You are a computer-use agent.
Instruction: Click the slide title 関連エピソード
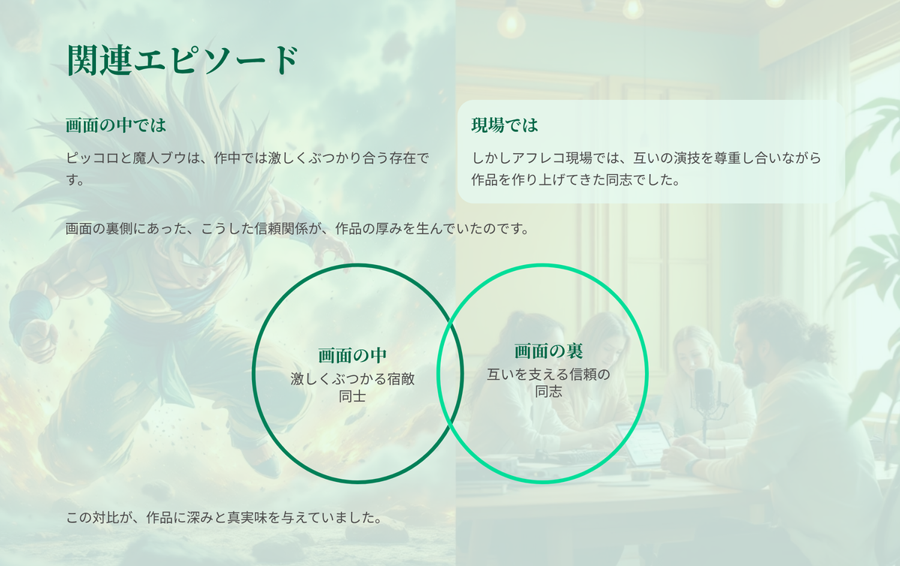(x=183, y=60)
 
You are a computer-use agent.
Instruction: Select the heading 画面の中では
(x=115, y=125)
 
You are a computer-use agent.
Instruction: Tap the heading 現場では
(x=504, y=125)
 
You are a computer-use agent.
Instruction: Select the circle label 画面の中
(x=352, y=355)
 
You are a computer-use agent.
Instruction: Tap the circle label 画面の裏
(x=548, y=351)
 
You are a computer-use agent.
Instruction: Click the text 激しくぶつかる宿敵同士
(x=352, y=387)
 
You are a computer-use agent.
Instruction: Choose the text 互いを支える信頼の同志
(x=548, y=383)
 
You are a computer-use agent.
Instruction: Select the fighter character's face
(x=201, y=261)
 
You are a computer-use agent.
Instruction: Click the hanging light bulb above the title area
(x=511, y=22)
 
